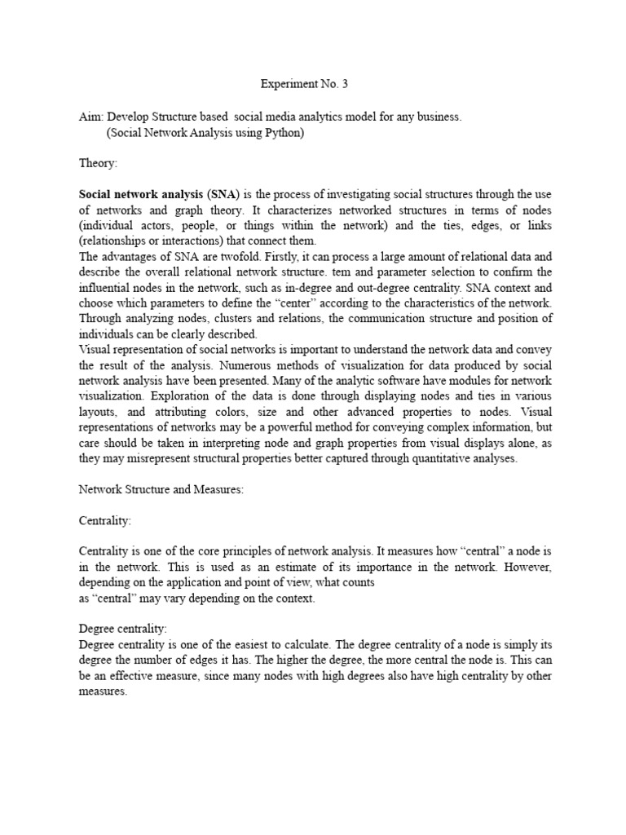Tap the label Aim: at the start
[91, 117]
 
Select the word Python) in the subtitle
[282, 132]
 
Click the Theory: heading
[98, 164]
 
